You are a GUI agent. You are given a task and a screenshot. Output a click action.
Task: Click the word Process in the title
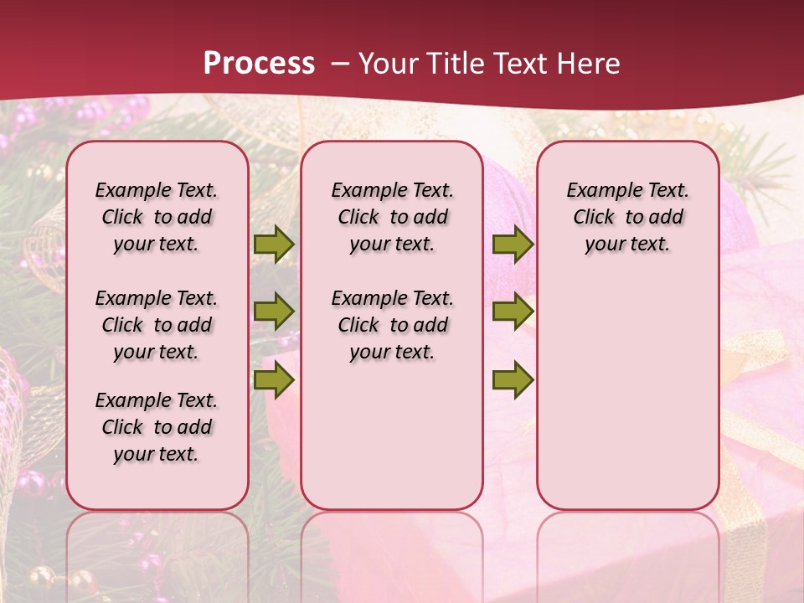click(259, 63)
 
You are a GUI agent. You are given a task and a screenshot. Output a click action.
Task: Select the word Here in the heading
click(590, 64)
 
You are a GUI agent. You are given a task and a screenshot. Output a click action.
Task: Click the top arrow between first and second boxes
click(274, 244)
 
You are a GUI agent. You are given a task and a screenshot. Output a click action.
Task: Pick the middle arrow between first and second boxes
click(274, 312)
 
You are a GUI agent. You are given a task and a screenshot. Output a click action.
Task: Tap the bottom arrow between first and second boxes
click(274, 381)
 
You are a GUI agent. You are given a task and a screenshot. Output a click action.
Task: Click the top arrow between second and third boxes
click(513, 244)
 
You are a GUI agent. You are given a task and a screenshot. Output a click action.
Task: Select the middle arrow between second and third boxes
click(513, 312)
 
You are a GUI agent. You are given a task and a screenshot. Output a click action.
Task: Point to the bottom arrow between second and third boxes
click(513, 381)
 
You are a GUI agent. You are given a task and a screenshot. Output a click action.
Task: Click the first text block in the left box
click(157, 217)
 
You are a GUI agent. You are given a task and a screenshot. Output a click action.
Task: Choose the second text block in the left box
click(157, 325)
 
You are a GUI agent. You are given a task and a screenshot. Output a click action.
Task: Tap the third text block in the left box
click(157, 427)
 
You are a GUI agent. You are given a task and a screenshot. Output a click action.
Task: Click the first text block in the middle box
click(392, 217)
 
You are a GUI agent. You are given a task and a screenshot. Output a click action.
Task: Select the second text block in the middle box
click(392, 325)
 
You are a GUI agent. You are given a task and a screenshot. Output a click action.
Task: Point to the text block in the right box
click(627, 217)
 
